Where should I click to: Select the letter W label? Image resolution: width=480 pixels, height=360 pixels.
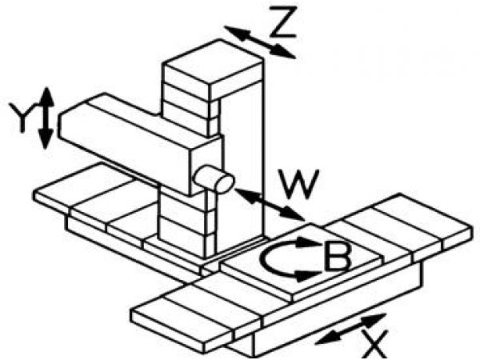(298, 184)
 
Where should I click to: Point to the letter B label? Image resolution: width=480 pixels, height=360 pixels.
(337, 257)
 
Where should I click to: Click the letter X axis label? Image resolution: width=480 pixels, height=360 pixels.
(373, 344)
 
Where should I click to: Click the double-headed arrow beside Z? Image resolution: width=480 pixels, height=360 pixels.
(260, 42)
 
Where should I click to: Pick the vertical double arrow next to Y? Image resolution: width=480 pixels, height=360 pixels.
(46, 118)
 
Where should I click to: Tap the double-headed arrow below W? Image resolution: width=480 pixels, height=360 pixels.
(270, 205)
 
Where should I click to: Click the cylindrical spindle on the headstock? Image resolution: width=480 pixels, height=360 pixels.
(214, 179)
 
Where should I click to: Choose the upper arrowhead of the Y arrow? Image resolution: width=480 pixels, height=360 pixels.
(46, 97)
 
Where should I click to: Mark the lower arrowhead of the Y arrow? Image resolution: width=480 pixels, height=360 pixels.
(46, 139)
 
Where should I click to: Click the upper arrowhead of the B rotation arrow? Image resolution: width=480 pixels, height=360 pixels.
(308, 242)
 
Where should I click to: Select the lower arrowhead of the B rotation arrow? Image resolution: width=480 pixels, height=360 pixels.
(308, 276)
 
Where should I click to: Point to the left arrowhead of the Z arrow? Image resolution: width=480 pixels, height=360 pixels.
(236, 32)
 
